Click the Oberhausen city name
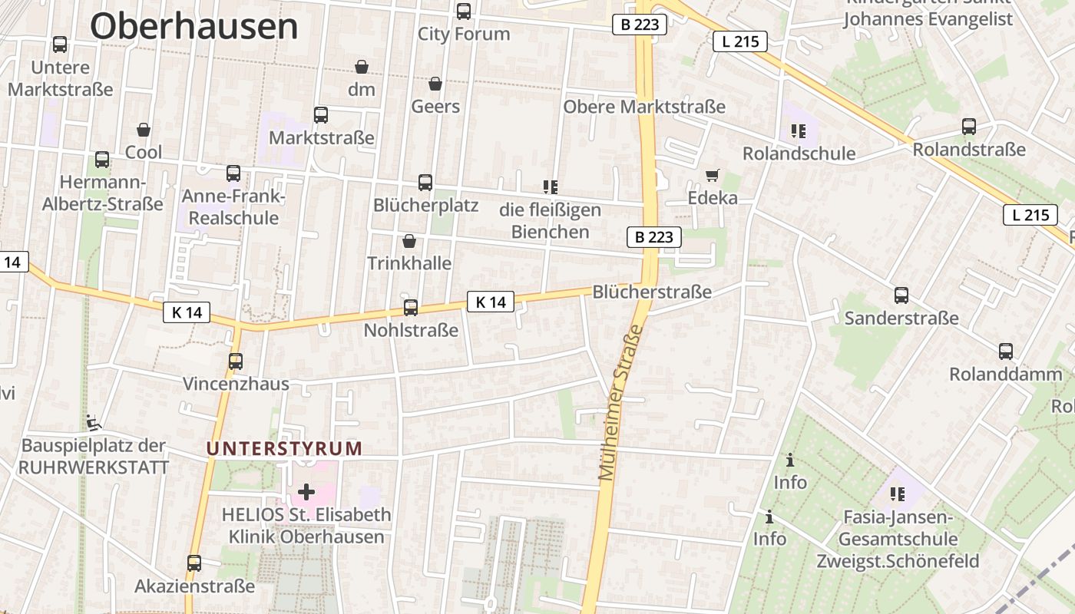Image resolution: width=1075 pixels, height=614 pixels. click(194, 26)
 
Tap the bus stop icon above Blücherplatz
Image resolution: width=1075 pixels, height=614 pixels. click(425, 183)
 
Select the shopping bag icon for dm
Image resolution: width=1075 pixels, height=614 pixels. click(362, 68)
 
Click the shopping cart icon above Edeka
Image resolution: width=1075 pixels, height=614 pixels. click(713, 176)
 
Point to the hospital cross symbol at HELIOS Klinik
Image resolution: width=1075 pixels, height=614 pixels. click(306, 491)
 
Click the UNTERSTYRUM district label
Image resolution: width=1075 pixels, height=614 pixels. click(284, 448)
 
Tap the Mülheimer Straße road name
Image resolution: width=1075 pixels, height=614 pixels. click(620, 402)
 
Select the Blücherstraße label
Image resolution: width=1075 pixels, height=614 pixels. click(652, 292)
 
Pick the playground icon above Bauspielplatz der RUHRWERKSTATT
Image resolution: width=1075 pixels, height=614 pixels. click(94, 422)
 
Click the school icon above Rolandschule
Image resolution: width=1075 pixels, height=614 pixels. click(798, 131)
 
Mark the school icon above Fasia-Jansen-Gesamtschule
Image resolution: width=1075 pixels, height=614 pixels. click(897, 494)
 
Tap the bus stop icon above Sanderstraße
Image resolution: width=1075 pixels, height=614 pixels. click(901, 295)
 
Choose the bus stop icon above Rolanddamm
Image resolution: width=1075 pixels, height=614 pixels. click(1006, 352)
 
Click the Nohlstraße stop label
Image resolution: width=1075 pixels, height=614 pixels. click(411, 331)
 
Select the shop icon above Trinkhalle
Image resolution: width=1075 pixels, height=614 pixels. click(409, 242)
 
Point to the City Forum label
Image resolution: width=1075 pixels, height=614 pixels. click(464, 34)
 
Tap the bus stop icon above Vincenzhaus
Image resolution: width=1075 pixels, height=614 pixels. click(236, 361)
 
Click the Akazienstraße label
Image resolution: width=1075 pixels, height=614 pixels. click(194, 586)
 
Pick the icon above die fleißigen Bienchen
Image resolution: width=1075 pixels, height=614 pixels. click(550, 187)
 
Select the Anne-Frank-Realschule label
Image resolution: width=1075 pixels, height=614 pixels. click(233, 207)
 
